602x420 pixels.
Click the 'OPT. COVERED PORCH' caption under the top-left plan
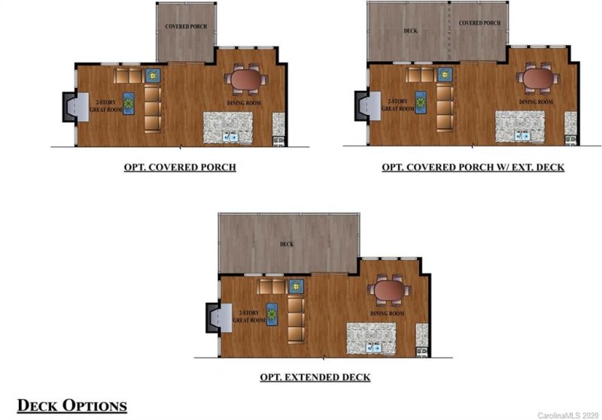coord(180,167)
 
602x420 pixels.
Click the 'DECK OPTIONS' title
coord(71,406)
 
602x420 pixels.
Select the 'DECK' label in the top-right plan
coord(411,32)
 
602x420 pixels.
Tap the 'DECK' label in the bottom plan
coord(287,244)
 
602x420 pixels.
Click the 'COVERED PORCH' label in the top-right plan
coord(479,23)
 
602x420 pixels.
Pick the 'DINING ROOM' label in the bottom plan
coord(388,313)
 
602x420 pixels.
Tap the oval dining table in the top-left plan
coord(245,79)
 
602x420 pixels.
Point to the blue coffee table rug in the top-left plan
coord(128,102)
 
